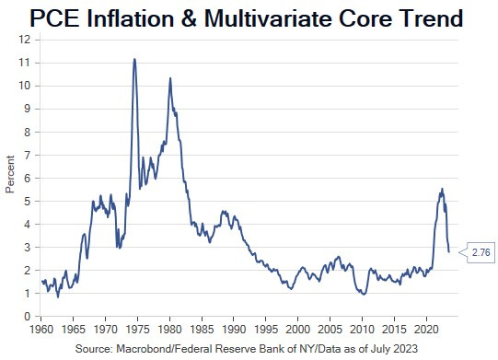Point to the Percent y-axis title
click(10, 178)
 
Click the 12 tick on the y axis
click(25, 40)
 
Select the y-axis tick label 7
click(28, 155)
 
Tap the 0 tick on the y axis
click(28, 316)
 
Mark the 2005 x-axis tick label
click(330, 329)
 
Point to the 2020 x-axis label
click(425, 329)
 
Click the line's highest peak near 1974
click(134, 59)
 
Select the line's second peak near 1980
click(169, 78)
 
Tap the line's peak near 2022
click(442, 189)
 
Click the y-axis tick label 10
click(25, 86)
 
